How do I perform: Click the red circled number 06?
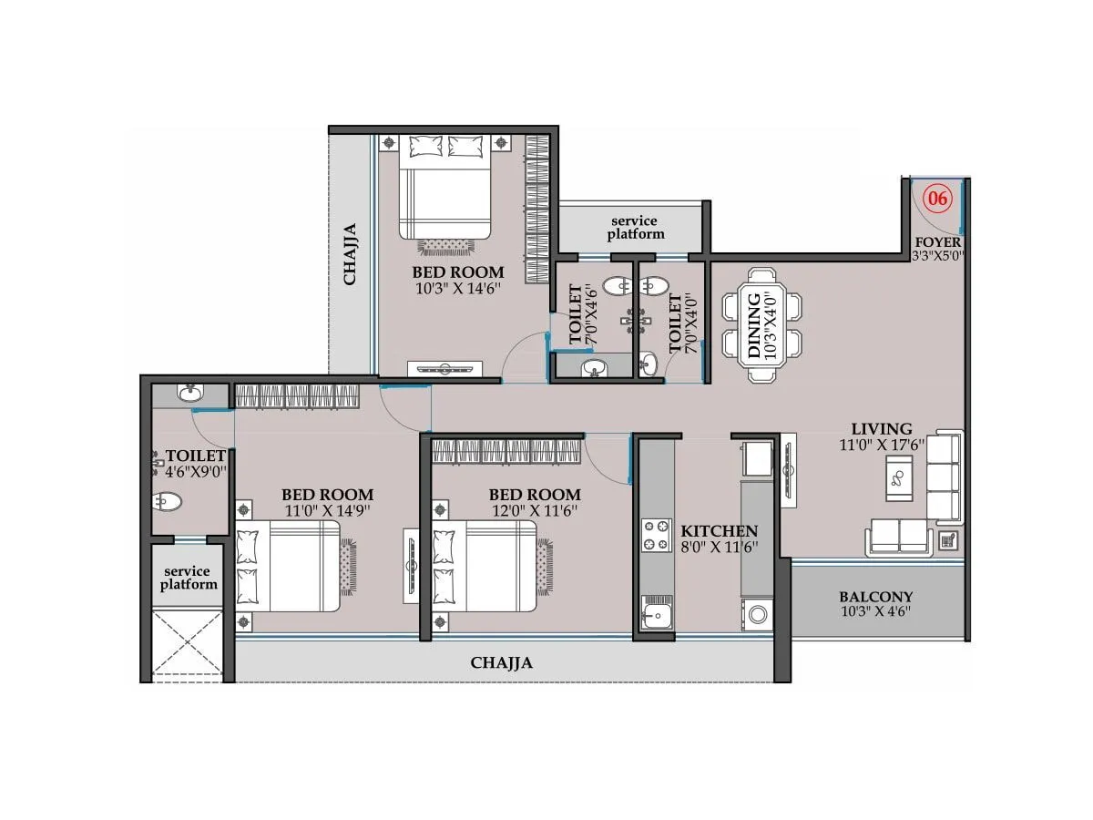click(x=937, y=198)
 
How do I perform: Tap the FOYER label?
click(x=937, y=242)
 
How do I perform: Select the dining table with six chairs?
click(x=763, y=323)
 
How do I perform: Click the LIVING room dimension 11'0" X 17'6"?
click(x=881, y=445)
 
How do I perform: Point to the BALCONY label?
click(x=875, y=598)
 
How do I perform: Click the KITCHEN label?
click(x=720, y=531)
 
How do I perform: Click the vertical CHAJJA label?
click(x=351, y=254)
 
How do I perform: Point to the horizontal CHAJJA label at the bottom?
click(x=502, y=662)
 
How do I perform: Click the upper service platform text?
click(x=634, y=228)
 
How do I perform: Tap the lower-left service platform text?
click(x=189, y=578)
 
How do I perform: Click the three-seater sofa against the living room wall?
click(x=944, y=477)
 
